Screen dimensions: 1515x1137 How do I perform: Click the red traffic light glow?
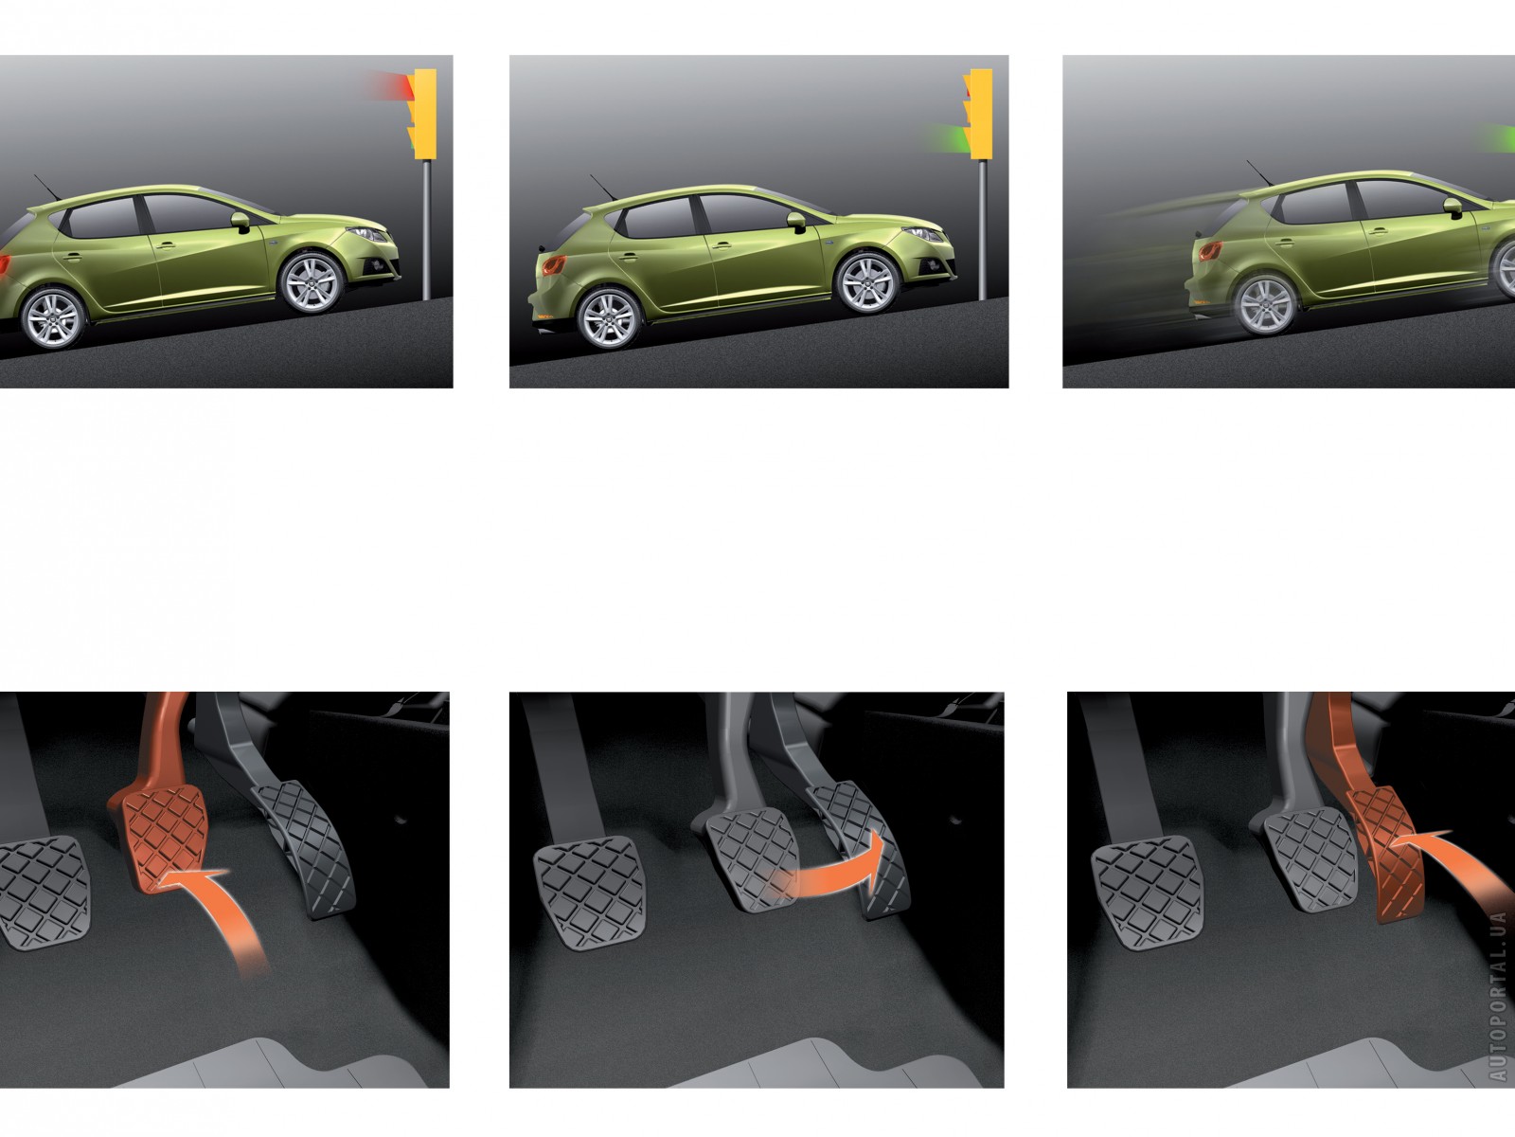(x=391, y=86)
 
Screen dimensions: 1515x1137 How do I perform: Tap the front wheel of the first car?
(x=312, y=283)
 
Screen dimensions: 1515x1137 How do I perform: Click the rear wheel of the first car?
(x=54, y=318)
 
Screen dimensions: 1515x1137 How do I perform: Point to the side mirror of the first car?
(x=241, y=222)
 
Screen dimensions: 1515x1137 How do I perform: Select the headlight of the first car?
(x=370, y=235)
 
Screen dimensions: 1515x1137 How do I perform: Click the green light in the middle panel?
(x=946, y=137)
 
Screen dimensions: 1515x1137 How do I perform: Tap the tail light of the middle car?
(x=553, y=264)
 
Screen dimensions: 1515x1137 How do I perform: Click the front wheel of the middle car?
(x=867, y=283)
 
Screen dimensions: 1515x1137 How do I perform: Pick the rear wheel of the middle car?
(x=610, y=318)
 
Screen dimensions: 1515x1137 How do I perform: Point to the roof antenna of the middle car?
(x=603, y=187)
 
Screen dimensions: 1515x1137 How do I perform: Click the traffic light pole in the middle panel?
(x=982, y=229)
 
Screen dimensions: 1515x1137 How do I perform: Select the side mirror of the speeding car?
(x=1453, y=208)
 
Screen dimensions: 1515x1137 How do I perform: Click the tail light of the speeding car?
(x=1210, y=250)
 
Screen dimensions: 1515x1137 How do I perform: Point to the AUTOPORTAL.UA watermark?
(x=1497, y=995)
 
